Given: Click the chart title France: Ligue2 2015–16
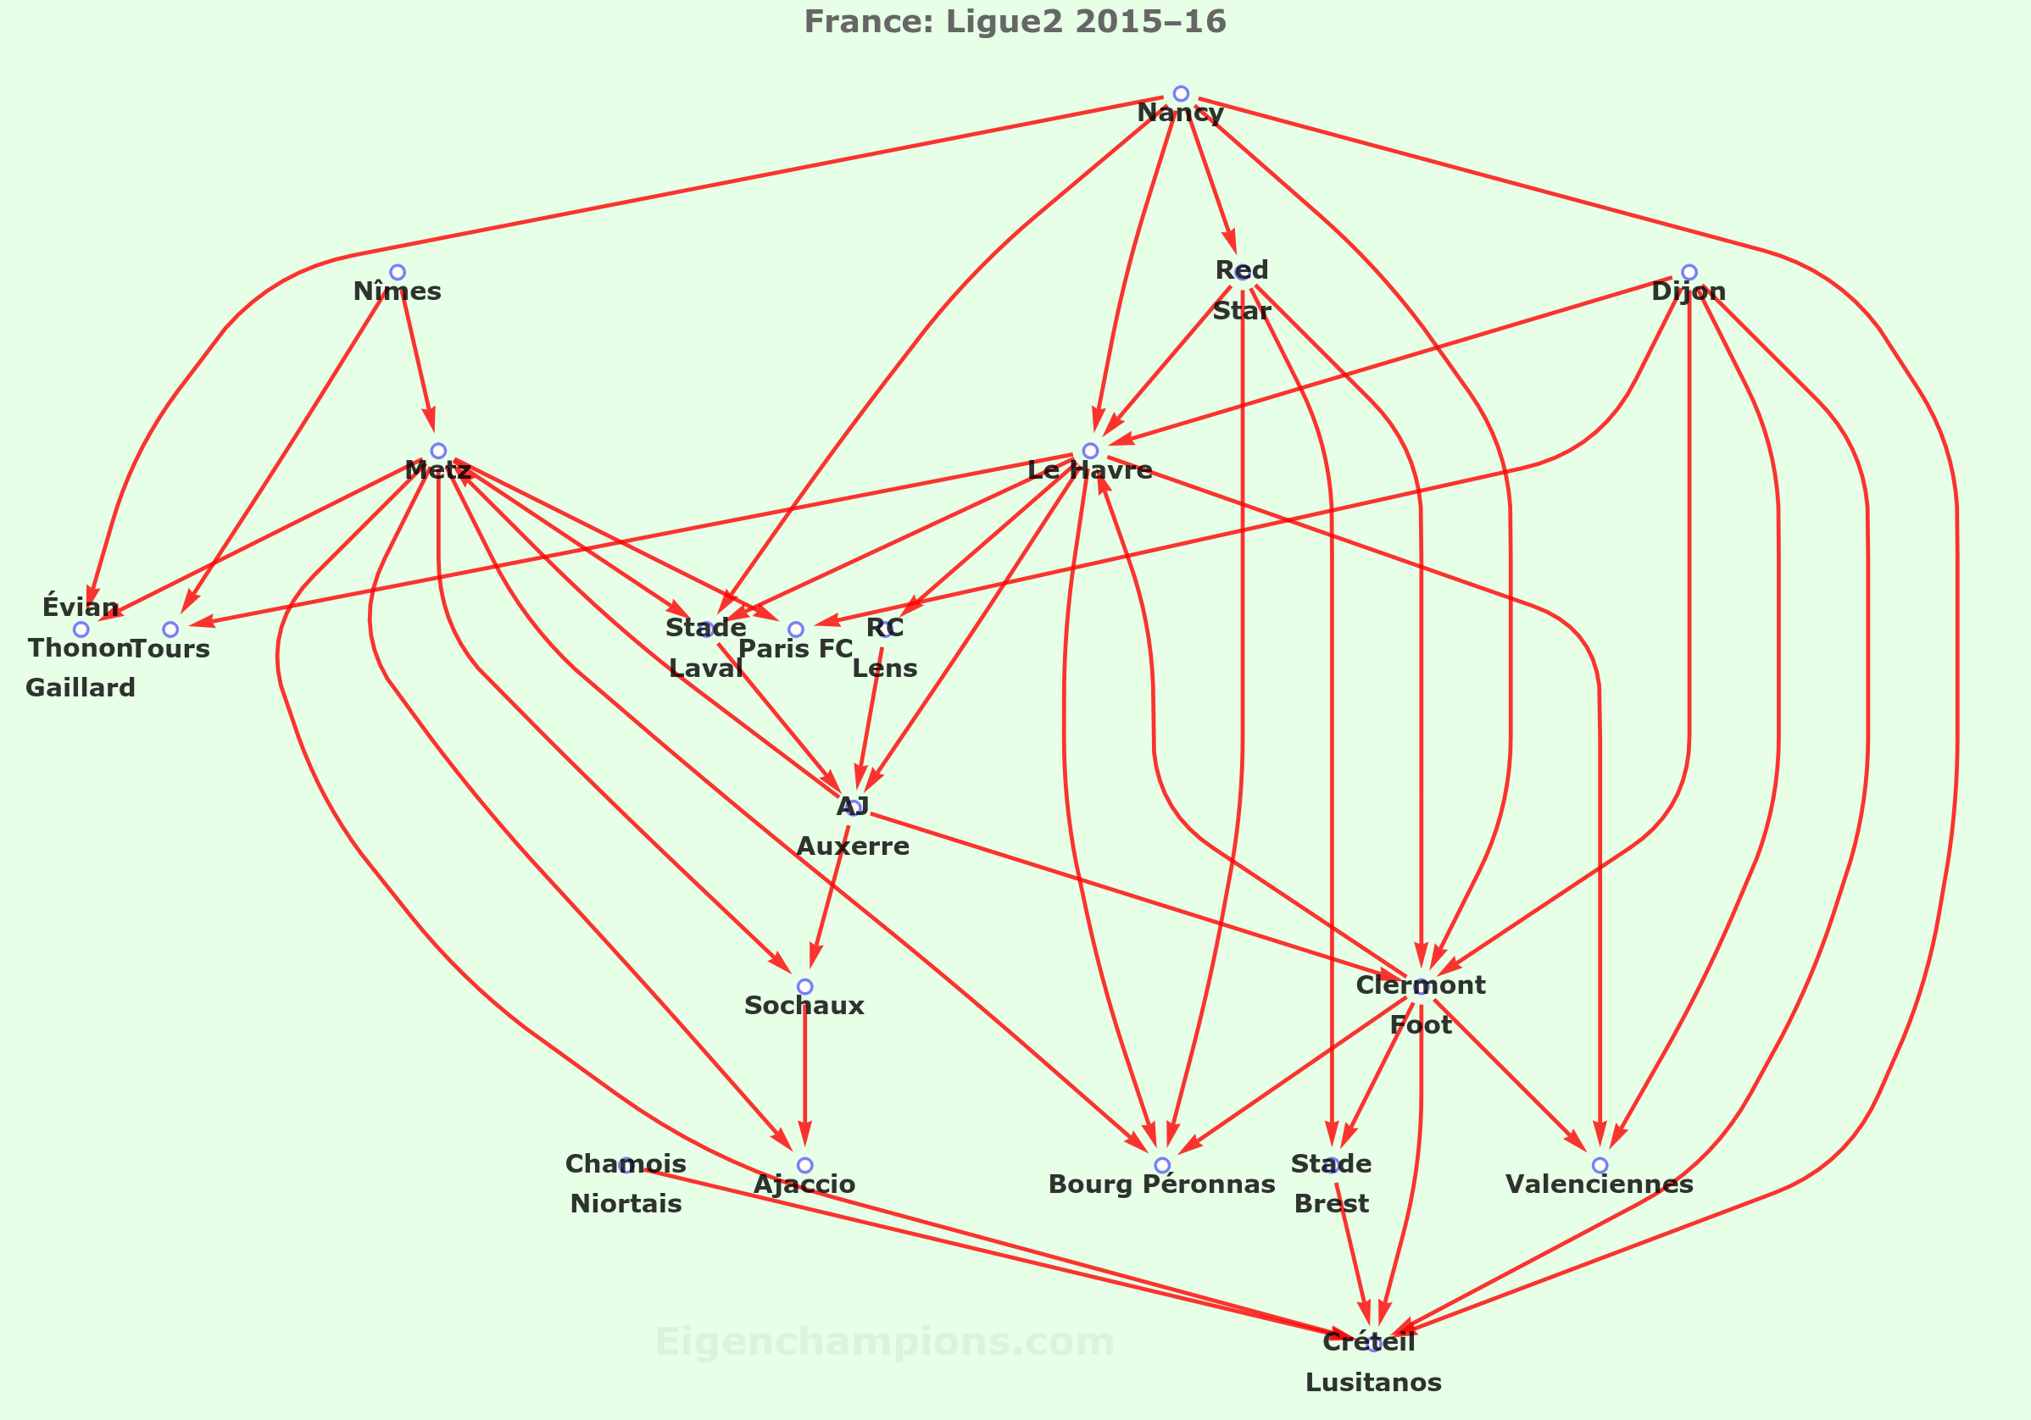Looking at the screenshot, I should coord(1015,21).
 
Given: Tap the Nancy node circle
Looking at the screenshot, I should coord(1180,94).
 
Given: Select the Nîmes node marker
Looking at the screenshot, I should coord(398,272).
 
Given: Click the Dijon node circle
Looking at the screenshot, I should coord(1689,272).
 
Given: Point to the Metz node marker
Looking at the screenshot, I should coord(438,451).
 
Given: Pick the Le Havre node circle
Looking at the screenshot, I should coord(1091,451).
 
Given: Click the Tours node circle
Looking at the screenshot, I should coord(170,630).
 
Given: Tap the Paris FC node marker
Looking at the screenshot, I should coord(796,630).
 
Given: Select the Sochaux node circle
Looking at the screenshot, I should coord(805,987).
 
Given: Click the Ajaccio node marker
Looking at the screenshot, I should coord(805,1165).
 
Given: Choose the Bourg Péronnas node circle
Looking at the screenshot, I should coord(1162,1165).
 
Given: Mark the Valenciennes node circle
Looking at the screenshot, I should coord(1600,1165).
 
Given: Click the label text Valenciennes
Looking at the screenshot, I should coord(1600,1184).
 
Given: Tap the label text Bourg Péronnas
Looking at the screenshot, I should coord(1161,1184).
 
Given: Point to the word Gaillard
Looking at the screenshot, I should coord(81,688).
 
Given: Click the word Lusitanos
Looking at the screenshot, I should coord(1373,1383).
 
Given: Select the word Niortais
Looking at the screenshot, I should coord(626,1204).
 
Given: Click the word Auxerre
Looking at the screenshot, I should coord(853,847).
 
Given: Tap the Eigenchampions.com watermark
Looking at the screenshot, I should coord(885,1342).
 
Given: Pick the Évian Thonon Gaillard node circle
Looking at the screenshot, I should coord(81,630).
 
